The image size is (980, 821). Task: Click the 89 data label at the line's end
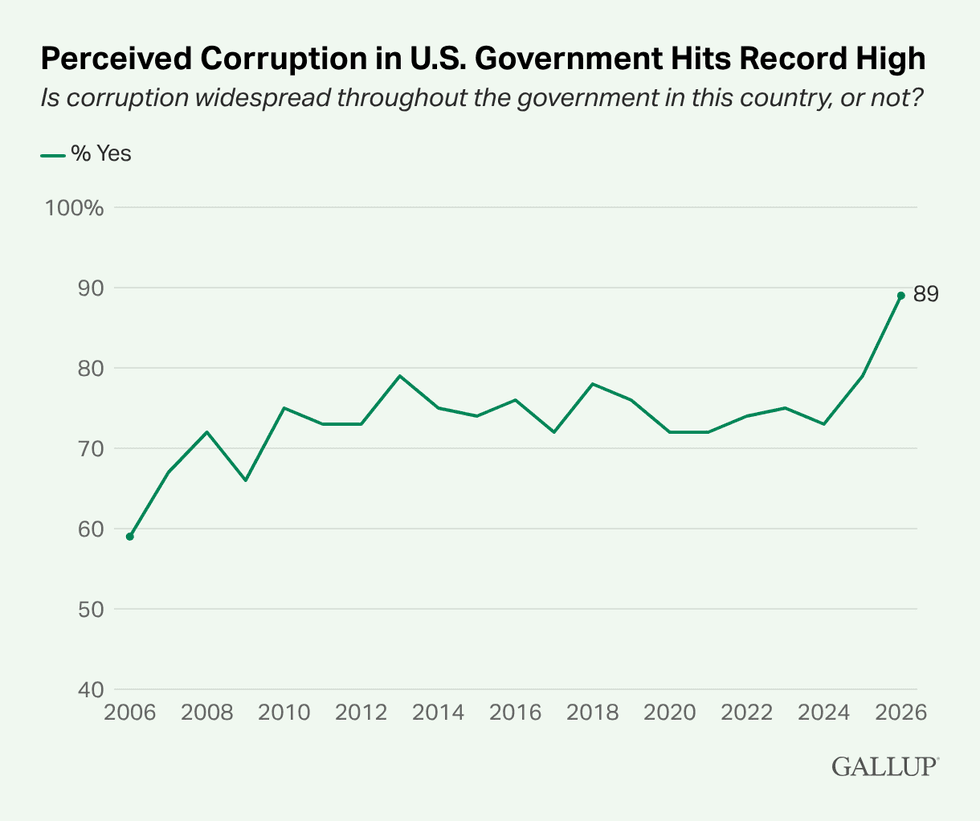926,294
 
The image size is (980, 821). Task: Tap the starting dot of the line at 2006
130,537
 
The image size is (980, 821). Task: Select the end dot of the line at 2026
901,296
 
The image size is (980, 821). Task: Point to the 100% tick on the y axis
74,208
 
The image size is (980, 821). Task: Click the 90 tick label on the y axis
91,288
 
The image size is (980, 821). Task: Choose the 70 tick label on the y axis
91,449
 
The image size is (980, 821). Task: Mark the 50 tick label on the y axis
91,609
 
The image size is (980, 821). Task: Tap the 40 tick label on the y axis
91,690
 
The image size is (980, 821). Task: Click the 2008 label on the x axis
207,712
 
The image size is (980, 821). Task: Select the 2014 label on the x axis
438,712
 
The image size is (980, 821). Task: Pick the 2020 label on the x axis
669,712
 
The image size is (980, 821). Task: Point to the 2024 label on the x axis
824,712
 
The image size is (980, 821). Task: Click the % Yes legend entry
86,154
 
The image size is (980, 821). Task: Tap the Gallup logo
885,766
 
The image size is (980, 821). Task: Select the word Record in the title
788,59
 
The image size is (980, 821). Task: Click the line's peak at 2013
399,376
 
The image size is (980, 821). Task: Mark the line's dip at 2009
246,480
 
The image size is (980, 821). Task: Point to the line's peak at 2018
592,384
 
